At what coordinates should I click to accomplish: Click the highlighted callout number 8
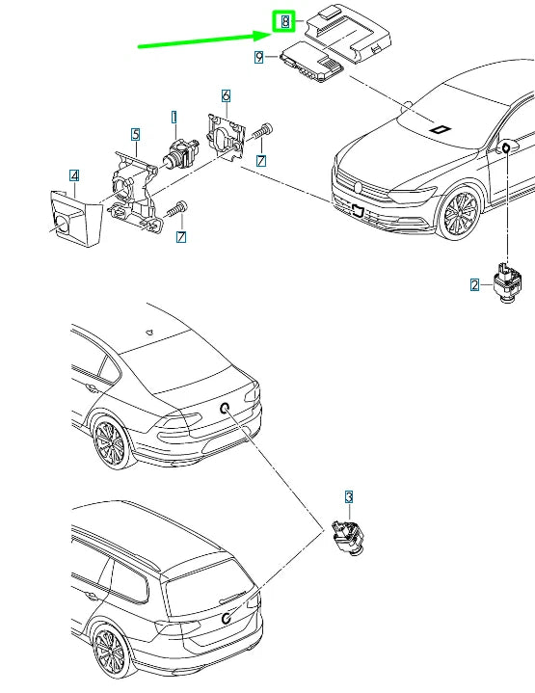pyautogui.click(x=285, y=21)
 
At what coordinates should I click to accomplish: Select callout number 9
pyautogui.click(x=259, y=57)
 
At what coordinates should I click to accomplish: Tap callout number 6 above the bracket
pyautogui.click(x=226, y=96)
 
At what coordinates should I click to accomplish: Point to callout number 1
pyautogui.click(x=174, y=118)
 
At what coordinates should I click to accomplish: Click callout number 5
pyautogui.click(x=136, y=134)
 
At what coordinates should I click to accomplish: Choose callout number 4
pyautogui.click(x=74, y=175)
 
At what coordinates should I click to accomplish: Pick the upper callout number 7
pyautogui.click(x=261, y=161)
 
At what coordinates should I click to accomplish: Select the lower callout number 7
pyautogui.click(x=181, y=237)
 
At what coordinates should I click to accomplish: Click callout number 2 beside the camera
pyautogui.click(x=475, y=285)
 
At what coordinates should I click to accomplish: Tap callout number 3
pyautogui.click(x=349, y=497)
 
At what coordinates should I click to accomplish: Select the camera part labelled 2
pyautogui.click(x=508, y=283)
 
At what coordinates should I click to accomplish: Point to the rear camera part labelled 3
pyautogui.click(x=348, y=537)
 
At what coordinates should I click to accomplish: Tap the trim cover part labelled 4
pyautogui.click(x=76, y=219)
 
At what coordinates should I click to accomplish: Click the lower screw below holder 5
pyautogui.click(x=176, y=209)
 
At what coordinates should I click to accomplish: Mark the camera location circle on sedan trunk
pyautogui.click(x=225, y=409)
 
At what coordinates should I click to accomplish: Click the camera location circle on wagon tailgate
pyautogui.click(x=226, y=618)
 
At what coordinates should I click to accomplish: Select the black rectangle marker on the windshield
pyautogui.click(x=441, y=129)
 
